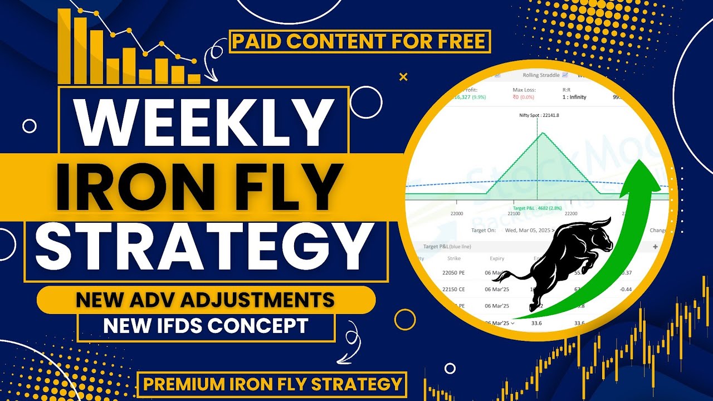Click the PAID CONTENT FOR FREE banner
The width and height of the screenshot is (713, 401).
359,41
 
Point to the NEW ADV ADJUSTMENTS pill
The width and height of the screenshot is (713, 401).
206,300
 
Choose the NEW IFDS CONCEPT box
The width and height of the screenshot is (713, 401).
206,326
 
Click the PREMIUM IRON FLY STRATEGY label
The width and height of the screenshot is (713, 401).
272,384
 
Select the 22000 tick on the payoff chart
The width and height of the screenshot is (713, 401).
457,213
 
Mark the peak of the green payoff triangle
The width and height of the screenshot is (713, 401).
538,134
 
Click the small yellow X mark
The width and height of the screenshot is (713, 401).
404,77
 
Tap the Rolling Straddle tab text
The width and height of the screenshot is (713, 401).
541,75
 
